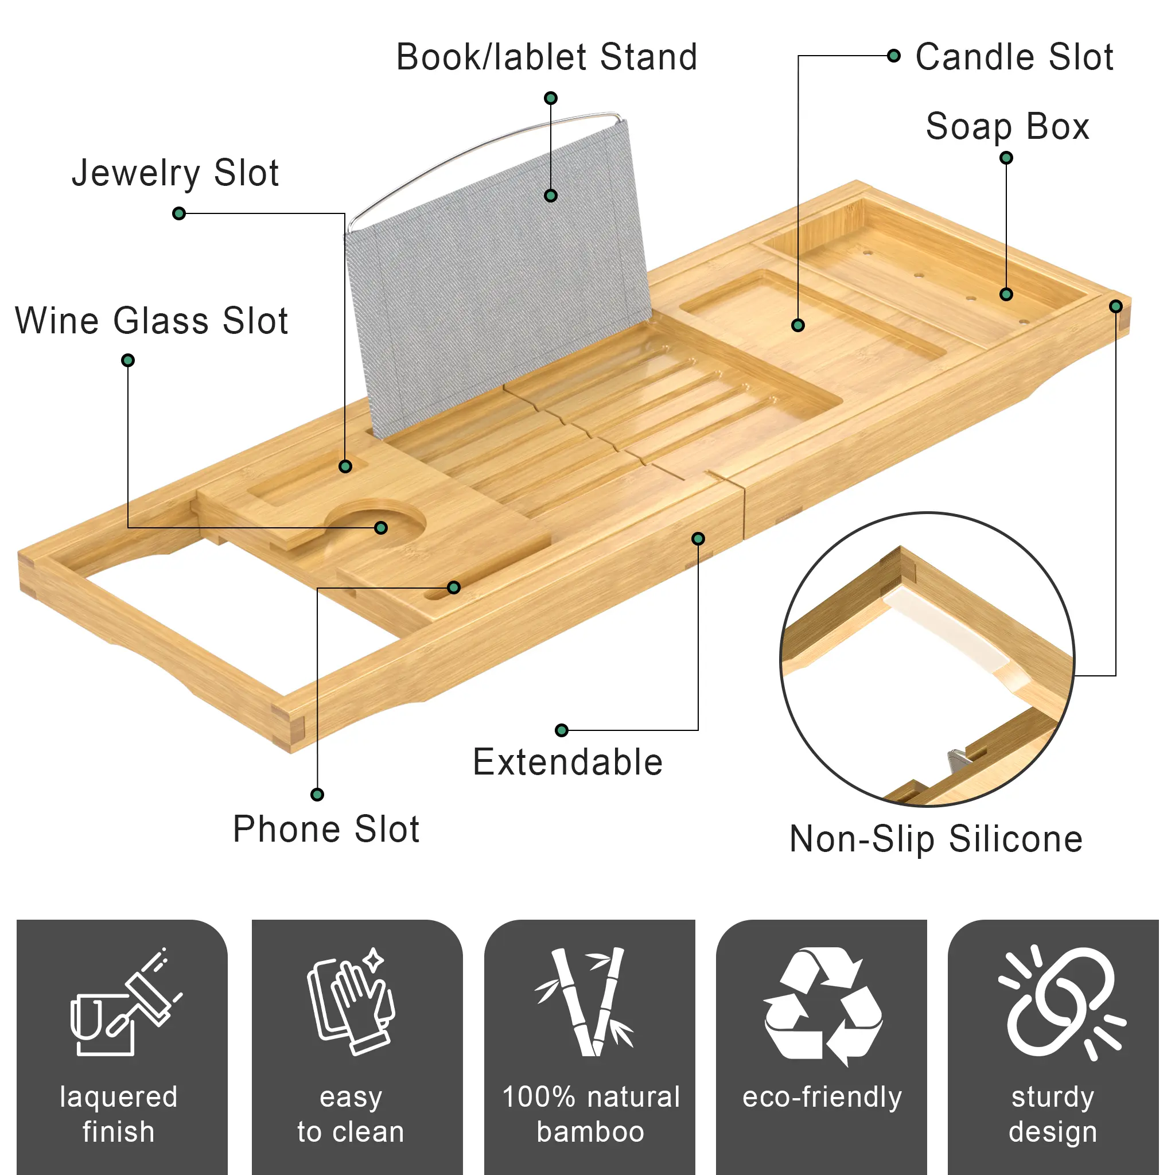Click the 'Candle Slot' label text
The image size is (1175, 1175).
pyautogui.click(x=1014, y=57)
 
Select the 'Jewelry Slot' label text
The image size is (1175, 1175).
pyautogui.click(x=175, y=173)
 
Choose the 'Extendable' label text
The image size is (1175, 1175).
pyautogui.click(x=567, y=762)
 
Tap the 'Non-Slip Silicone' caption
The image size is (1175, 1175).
pyautogui.click(x=936, y=840)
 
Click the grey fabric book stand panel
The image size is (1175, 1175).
pyautogui.click(x=496, y=277)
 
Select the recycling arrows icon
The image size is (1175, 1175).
pyautogui.click(x=822, y=1005)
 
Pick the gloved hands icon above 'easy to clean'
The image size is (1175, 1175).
pyautogui.click(x=352, y=1001)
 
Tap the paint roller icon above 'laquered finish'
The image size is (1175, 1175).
pyautogui.click(x=126, y=1001)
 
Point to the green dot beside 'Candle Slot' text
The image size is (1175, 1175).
pyautogui.click(x=893, y=56)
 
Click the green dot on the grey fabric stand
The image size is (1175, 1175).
pyautogui.click(x=550, y=195)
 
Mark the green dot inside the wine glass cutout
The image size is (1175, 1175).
pyautogui.click(x=381, y=527)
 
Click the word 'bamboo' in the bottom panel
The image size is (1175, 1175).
pyautogui.click(x=590, y=1132)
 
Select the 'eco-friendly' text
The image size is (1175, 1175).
pyautogui.click(x=822, y=1097)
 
